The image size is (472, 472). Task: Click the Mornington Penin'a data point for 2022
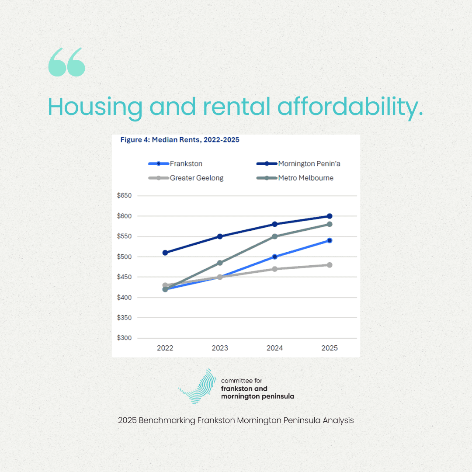click(x=165, y=253)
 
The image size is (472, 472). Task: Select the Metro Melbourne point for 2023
click(x=220, y=263)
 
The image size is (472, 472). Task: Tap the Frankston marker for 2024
click(x=275, y=257)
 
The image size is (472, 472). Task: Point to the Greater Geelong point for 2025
click(x=330, y=265)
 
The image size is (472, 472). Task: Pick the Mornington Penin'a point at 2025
click(x=330, y=216)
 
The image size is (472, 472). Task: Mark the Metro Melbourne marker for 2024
click(x=275, y=236)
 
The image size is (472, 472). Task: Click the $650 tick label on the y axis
click(x=124, y=195)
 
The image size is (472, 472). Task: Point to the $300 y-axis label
click(x=124, y=338)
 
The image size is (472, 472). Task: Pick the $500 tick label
click(x=124, y=257)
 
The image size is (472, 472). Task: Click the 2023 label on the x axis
click(x=220, y=348)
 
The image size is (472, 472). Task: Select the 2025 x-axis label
click(x=330, y=348)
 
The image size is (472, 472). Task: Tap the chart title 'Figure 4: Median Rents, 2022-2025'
click(x=180, y=140)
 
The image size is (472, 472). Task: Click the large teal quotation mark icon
click(x=67, y=62)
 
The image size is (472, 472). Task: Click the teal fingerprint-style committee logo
click(x=199, y=386)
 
